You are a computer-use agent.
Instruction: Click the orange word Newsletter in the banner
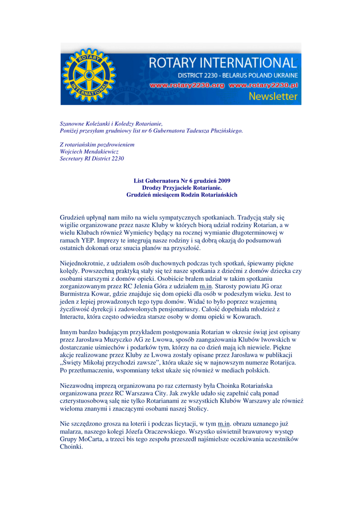pos(273,96)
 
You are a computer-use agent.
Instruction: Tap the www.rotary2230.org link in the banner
pos(187,85)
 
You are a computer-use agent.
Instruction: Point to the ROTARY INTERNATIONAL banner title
pos(223,63)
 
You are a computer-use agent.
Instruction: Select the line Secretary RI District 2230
pos(91,159)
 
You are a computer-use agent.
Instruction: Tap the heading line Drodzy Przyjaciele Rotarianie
pos(182,188)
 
